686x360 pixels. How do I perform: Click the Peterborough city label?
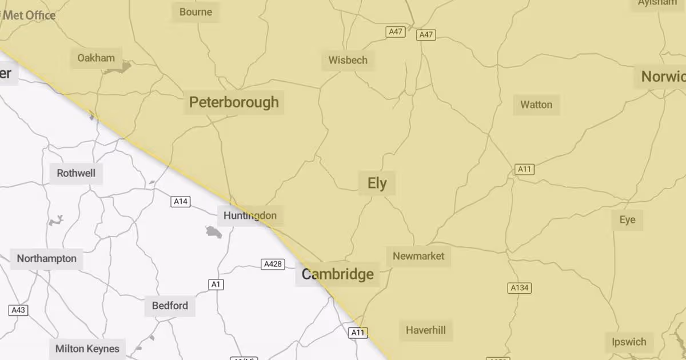(x=234, y=102)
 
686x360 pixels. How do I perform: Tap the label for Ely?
(x=377, y=183)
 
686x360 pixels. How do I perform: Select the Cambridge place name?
(x=337, y=274)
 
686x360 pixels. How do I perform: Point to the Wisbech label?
(x=348, y=60)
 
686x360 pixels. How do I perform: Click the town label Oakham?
(x=96, y=58)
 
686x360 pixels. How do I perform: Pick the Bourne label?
(x=196, y=12)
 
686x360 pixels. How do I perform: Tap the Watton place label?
(x=536, y=105)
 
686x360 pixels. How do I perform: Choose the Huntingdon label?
(x=250, y=215)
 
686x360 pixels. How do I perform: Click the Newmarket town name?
(x=418, y=256)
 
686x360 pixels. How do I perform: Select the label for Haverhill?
(x=425, y=330)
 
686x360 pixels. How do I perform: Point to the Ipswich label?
(x=629, y=342)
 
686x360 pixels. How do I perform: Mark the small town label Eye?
(x=627, y=220)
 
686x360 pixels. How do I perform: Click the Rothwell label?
(x=76, y=173)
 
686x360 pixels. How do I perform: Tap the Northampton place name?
(x=46, y=258)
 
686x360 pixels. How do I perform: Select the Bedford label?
(x=170, y=306)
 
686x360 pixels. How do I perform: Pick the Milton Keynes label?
(x=87, y=349)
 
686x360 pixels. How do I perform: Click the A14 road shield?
(x=181, y=202)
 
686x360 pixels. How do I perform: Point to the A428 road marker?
(x=273, y=264)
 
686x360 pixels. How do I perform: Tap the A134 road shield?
(x=519, y=288)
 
